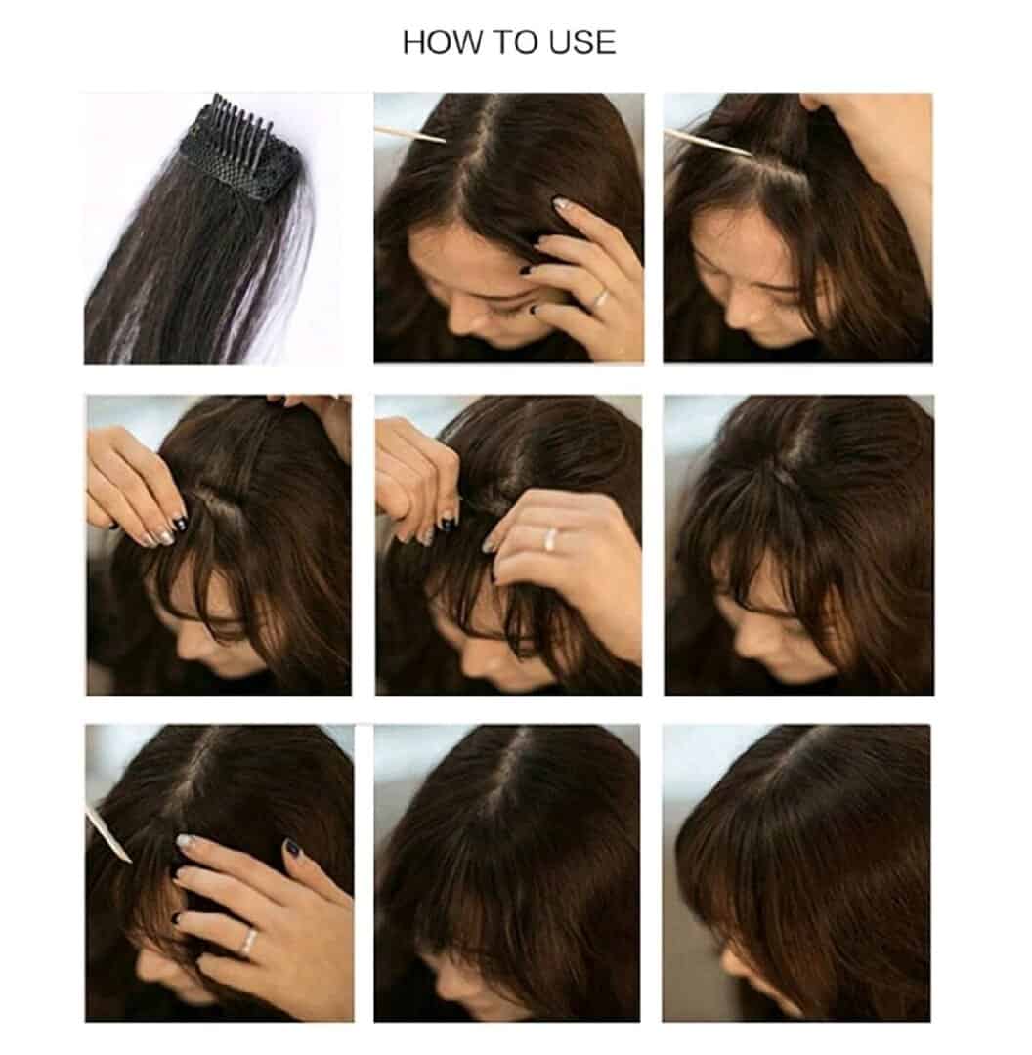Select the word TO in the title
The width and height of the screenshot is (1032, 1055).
517,42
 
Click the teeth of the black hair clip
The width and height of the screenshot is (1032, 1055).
242,115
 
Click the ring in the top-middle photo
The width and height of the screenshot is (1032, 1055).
600,296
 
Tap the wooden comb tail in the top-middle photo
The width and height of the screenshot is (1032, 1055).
409,134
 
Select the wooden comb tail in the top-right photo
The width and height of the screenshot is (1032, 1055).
707,144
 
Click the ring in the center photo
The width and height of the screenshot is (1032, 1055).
551,537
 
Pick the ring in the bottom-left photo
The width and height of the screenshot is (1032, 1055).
248,942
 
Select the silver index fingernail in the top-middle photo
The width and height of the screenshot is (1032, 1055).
561,203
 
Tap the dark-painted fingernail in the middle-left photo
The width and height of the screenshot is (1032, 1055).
179,522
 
